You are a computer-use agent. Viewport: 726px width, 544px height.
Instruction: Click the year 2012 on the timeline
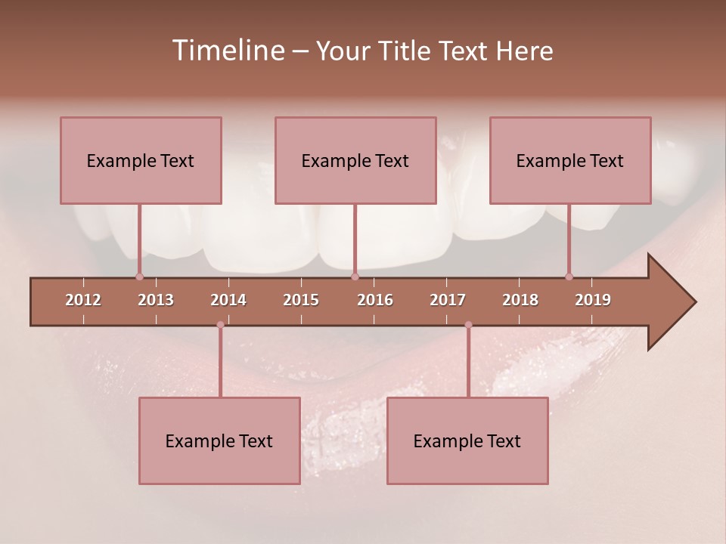(83, 300)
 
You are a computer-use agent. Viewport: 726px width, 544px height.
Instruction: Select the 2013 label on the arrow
(156, 300)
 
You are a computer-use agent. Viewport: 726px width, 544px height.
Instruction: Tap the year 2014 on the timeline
(228, 300)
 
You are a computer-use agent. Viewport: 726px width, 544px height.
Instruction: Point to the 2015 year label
(301, 300)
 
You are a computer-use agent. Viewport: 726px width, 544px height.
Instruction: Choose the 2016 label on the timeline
(375, 300)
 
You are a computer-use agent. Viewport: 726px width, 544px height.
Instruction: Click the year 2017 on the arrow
(448, 300)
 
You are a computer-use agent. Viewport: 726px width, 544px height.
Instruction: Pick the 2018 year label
(520, 300)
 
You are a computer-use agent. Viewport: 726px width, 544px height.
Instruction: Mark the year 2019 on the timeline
(593, 300)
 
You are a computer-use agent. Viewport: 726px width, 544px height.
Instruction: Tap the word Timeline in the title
(226, 51)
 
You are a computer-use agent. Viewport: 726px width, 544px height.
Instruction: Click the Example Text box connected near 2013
(141, 160)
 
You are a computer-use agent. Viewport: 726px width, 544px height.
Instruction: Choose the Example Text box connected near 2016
(355, 160)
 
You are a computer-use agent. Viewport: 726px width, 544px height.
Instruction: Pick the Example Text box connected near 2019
(570, 160)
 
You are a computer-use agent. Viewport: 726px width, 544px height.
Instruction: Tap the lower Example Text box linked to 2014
(219, 440)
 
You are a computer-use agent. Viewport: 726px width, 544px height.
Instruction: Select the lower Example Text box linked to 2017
(467, 440)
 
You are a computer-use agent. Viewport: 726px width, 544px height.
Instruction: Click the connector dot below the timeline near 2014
(220, 325)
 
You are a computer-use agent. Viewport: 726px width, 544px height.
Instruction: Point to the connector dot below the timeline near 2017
(468, 325)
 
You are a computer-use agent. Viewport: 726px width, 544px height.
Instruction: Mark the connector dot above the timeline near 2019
(569, 277)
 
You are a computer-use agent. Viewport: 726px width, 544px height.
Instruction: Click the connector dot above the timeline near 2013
(139, 277)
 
